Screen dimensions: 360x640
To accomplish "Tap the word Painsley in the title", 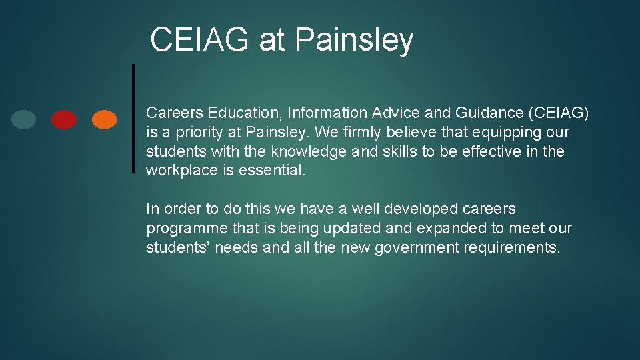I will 353,40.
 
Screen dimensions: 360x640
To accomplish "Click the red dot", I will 64,119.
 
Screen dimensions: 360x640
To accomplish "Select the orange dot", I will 104,119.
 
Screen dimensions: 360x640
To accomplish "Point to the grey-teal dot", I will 24,119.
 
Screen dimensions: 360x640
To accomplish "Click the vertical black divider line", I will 133,118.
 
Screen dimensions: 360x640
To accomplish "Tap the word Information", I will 327,113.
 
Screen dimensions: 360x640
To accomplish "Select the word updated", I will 353,229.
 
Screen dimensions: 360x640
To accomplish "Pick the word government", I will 414,248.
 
